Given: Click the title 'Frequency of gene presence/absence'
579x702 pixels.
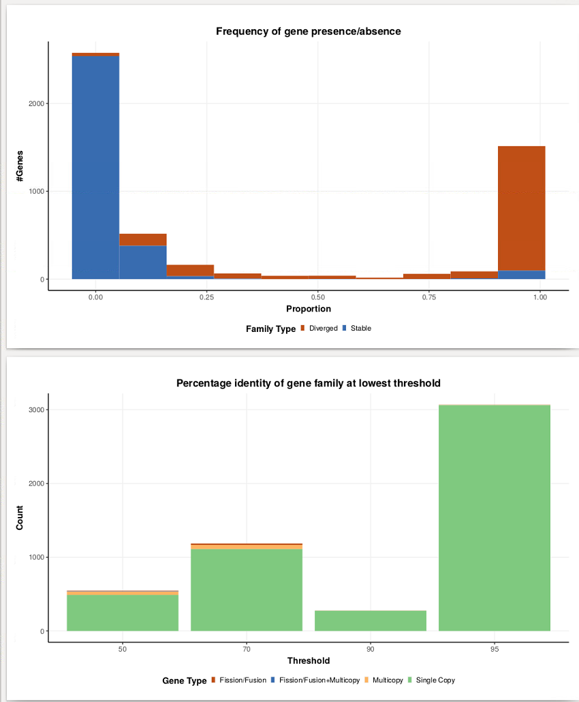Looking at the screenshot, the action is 308,31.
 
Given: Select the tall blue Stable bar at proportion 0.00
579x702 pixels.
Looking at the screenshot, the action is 95,167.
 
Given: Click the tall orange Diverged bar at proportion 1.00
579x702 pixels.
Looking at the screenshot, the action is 522,208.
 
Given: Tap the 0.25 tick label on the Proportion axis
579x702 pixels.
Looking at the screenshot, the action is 207,297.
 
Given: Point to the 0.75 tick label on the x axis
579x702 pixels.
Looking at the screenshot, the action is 429,297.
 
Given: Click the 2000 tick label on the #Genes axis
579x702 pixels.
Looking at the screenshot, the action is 36,103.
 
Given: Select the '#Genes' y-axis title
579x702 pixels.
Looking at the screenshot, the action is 20,166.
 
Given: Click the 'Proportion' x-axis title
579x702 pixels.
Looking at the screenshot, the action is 309,309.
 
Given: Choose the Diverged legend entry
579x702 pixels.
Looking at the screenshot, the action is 319,328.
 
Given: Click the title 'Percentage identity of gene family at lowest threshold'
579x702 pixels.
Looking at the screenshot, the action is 308,383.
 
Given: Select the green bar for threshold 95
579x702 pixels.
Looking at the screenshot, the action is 495,518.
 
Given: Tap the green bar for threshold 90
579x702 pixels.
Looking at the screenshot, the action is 371,620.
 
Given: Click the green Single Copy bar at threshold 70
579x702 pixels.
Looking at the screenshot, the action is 247,590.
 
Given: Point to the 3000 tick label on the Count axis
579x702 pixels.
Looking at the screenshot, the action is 36,409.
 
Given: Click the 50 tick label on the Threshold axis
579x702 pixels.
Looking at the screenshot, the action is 123,649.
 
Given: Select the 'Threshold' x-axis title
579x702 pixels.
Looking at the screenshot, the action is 309,661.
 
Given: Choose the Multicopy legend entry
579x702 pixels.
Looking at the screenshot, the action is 384,680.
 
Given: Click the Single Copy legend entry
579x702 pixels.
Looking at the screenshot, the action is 431,680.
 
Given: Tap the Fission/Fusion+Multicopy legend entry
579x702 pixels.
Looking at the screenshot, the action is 315,680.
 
